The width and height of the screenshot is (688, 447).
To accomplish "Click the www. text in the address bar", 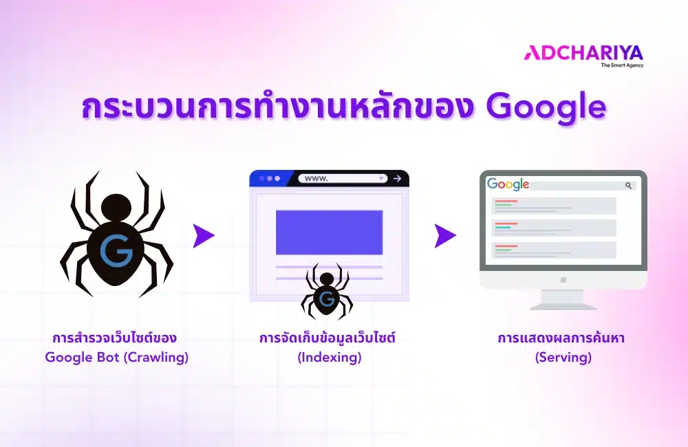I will click(316, 179).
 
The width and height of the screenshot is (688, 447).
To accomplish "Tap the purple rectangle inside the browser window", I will click(329, 232).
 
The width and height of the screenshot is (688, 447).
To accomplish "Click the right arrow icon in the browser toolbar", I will click(397, 179).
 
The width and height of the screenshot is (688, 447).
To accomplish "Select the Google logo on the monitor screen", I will click(508, 184).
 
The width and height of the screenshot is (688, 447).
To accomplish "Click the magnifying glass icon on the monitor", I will click(628, 185).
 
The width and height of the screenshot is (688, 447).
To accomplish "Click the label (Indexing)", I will click(329, 358).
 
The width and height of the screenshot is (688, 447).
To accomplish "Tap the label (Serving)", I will click(563, 358).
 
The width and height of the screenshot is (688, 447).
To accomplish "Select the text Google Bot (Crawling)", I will click(117, 358).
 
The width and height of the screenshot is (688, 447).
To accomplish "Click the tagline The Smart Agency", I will click(622, 65).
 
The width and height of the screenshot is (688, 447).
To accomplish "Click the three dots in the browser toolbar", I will click(270, 179).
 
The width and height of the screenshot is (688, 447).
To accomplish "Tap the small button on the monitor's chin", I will click(563, 279).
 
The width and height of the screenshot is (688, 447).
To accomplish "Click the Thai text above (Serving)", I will click(563, 339).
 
